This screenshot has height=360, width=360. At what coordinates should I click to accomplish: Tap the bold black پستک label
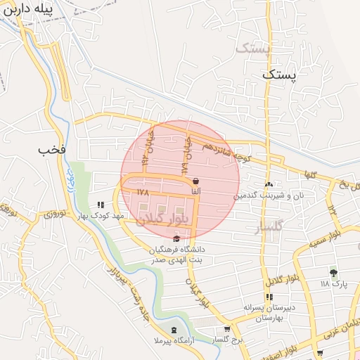281,74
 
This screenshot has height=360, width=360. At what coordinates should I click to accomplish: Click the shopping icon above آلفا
195,181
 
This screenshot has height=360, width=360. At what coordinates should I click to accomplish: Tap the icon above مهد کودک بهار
110,205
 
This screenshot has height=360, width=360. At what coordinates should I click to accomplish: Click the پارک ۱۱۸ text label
334,284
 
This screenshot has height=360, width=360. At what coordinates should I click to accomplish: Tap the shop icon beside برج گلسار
226,329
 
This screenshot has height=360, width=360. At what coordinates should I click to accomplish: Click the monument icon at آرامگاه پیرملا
174,329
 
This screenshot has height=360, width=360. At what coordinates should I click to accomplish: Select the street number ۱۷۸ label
143,191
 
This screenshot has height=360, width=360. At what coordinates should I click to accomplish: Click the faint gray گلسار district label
269,226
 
